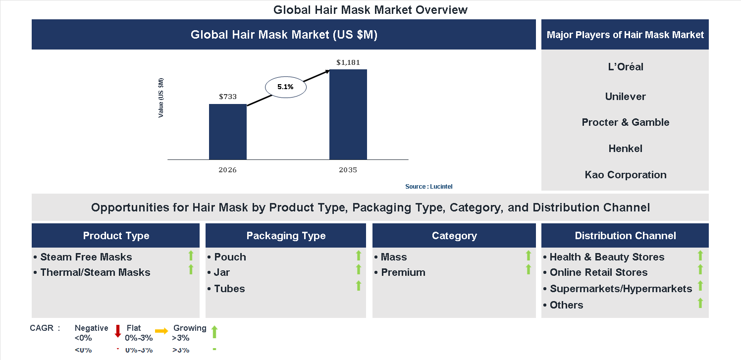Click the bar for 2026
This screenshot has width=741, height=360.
[x=227, y=132]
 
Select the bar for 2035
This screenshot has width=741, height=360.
[x=348, y=114]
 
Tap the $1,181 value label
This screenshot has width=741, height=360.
[x=348, y=62]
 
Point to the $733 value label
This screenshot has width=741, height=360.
[x=227, y=97]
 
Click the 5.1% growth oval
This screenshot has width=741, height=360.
[x=286, y=87]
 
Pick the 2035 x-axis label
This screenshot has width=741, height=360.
[x=348, y=170]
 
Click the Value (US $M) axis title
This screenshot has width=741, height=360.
[x=161, y=98]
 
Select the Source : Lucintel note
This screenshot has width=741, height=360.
[x=428, y=187]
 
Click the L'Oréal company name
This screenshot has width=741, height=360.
[x=625, y=67]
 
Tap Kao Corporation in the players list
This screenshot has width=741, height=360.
[x=625, y=175]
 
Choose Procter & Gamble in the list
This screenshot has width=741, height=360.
[x=625, y=122]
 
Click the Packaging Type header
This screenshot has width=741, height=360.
[x=286, y=236]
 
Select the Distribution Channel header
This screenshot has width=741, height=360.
[x=625, y=236]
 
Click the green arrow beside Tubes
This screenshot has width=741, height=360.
[x=359, y=286]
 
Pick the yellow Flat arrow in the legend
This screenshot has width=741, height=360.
[x=161, y=331]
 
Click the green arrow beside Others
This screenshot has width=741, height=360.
[x=700, y=303]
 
